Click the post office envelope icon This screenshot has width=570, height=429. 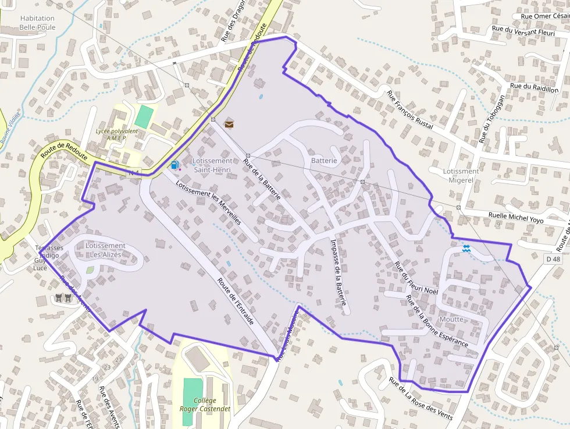(x=229, y=123)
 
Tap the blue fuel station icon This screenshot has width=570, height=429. (x=174, y=165)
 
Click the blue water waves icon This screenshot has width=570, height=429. (x=466, y=249)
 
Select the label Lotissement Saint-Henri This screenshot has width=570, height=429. (x=212, y=165)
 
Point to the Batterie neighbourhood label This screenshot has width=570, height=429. (x=324, y=160)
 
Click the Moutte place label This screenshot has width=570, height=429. (x=452, y=319)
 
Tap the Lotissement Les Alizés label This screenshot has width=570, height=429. (x=105, y=250)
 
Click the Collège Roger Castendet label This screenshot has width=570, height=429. (x=205, y=405)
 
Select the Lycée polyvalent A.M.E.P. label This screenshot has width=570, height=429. (x=117, y=134)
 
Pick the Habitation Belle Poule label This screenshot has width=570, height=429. (x=37, y=23)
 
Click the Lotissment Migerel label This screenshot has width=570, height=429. (x=461, y=176)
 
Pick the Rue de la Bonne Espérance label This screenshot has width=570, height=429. (x=437, y=321)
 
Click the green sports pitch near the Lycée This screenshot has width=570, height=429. (x=144, y=116)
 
